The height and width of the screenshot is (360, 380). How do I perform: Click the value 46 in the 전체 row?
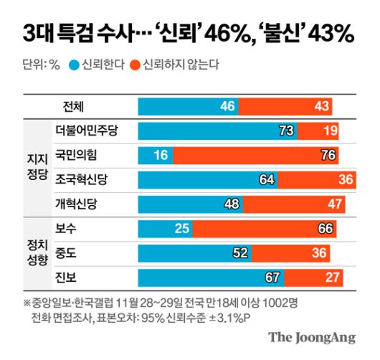pos(228,106)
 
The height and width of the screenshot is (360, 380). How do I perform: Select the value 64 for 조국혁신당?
pos(266,179)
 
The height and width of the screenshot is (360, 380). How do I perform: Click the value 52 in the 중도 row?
pos(240,252)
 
